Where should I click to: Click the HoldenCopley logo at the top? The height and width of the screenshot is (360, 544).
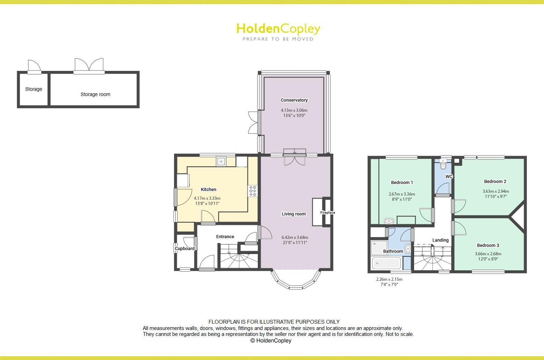click(x=278, y=31)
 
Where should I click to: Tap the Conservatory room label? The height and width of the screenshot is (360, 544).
click(x=294, y=100)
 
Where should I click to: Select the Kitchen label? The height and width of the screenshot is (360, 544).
click(x=208, y=190)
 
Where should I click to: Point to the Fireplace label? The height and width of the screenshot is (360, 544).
click(x=328, y=213)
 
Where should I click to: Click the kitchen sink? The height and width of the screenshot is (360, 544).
click(x=221, y=162)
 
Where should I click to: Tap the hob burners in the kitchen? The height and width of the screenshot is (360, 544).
click(x=252, y=191)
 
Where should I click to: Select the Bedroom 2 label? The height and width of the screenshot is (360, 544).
click(x=495, y=182)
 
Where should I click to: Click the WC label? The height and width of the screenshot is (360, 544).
click(x=449, y=177)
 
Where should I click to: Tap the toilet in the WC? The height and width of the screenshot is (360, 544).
click(x=443, y=163)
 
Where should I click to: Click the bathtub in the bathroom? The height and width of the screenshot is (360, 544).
click(x=387, y=263)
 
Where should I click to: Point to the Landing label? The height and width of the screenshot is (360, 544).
click(x=440, y=240)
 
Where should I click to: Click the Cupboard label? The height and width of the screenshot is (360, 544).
click(x=184, y=249)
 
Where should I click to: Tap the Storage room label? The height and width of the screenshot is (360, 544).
click(x=95, y=94)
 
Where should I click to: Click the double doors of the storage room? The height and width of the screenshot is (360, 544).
click(x=89, y=66)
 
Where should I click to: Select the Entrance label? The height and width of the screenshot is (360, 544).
click(x=225, y=237)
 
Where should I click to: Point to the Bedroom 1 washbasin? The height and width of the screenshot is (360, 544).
click(x=389, y=221)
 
